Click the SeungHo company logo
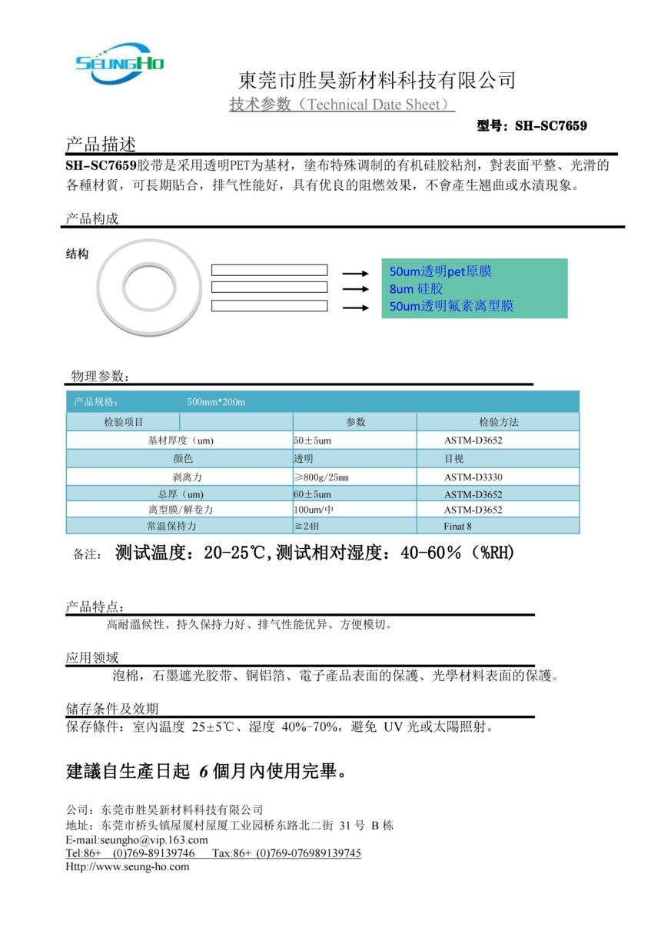click(119, 62)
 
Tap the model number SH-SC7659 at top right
click(532, 125)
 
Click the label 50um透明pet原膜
click(440, 271)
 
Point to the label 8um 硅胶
click(417, 289)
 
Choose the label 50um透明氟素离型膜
click(451, 306)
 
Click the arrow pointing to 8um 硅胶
click(354, 290)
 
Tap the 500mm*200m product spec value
click(216, 402)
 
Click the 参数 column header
click(355, 422)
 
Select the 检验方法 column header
click(498, 422)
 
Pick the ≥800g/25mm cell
click(321, 477)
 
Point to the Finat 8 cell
click(458, 527)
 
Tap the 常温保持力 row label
click(171, 527)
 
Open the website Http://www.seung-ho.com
click(127, 866)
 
